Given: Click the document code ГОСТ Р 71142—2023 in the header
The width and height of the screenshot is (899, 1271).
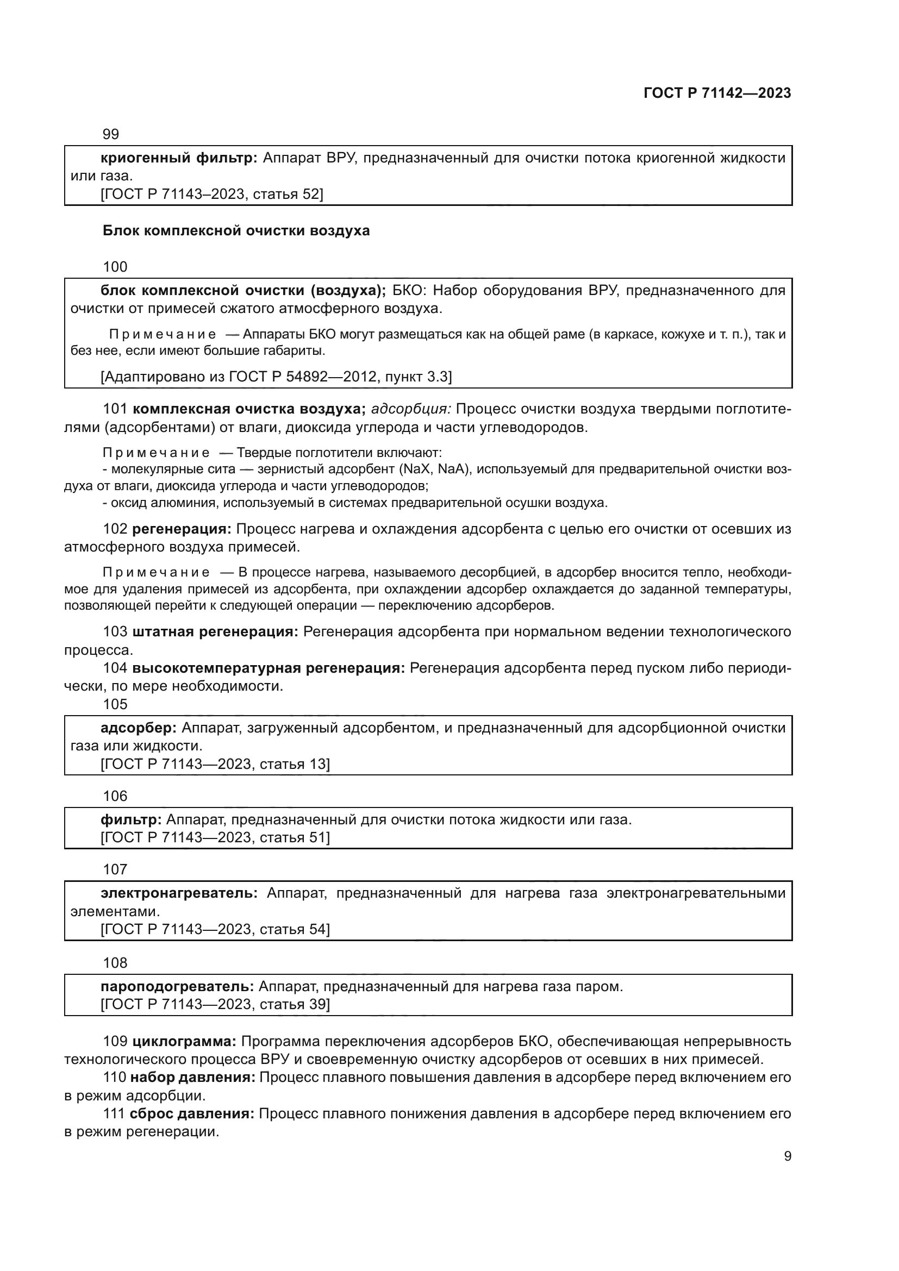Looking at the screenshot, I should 717,93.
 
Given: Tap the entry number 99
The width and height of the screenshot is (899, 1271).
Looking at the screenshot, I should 111,134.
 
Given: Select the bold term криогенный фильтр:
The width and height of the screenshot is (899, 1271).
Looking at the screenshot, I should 179,158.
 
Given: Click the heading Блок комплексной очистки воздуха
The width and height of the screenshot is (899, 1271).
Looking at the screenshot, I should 236,230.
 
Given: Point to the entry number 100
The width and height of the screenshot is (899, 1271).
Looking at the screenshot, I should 115,267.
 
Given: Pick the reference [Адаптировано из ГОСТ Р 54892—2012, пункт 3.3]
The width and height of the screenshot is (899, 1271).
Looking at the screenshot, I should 276,377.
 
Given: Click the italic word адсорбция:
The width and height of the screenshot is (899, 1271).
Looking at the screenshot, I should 411,409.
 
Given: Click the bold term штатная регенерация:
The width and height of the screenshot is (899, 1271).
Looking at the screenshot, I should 215,632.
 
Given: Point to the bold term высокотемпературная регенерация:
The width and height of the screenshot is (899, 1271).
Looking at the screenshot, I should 269,668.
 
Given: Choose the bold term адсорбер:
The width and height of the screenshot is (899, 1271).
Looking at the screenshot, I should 139,728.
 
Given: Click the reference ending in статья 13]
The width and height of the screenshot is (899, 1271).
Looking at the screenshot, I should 215,765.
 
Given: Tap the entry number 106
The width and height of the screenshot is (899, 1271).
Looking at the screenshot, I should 115,796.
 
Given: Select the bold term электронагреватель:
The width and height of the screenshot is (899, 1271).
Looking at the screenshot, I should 179,893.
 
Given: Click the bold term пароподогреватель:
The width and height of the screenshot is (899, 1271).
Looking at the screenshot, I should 177,986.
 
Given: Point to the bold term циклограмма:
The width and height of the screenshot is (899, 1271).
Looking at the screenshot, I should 184,1041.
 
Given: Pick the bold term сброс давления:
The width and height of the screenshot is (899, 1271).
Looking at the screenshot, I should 191,1113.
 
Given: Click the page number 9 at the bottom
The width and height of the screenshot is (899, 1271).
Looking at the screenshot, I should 787,1156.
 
